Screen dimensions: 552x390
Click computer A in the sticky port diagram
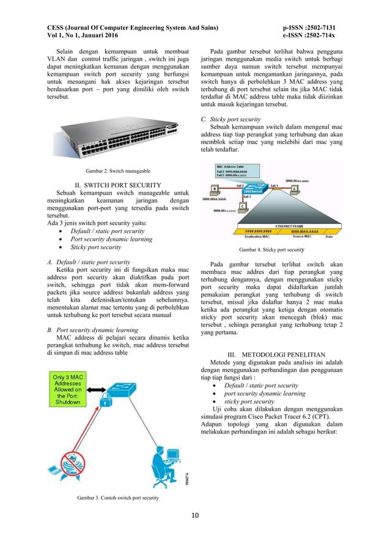click(293, 190)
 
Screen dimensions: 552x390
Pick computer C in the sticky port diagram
click(243, 207)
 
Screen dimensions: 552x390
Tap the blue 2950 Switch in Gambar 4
click(253, 190)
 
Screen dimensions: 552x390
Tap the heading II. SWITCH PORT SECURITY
click(117, 185)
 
